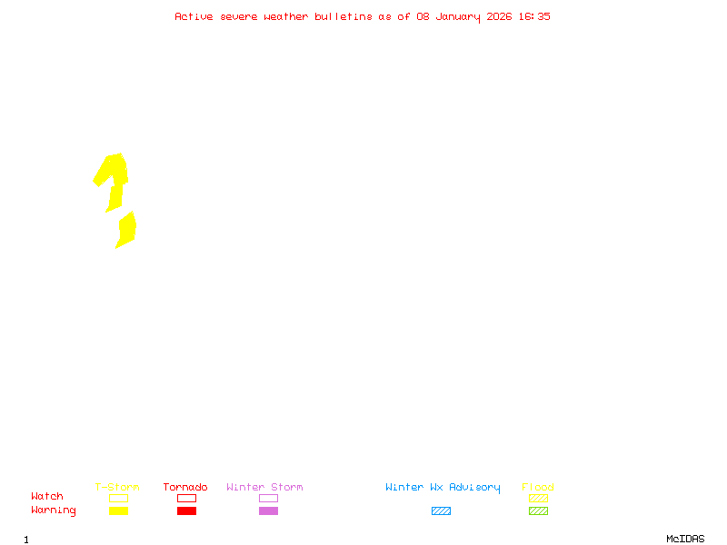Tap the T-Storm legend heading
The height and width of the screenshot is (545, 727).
(117, 488)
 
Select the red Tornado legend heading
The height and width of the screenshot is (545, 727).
(185, 488)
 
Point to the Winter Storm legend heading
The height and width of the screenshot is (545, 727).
(264, 488)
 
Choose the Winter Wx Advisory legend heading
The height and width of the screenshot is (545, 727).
(443, 488)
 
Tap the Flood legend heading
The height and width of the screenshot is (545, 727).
(538, 488)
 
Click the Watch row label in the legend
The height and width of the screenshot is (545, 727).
(47, 497)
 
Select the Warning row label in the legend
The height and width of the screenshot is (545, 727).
(54, 510)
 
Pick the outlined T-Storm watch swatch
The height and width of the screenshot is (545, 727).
(118, 498)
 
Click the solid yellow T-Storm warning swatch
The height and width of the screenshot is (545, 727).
(118, 510)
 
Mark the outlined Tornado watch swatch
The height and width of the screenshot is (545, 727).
(186, 498)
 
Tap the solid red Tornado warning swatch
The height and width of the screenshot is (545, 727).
(186, 510)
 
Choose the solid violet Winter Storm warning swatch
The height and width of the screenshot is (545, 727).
(268, 510)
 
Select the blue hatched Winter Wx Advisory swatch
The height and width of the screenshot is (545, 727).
(441, 510)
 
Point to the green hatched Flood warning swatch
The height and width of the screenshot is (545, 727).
(538, 510)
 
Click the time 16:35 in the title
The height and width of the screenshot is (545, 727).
(535, 16)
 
